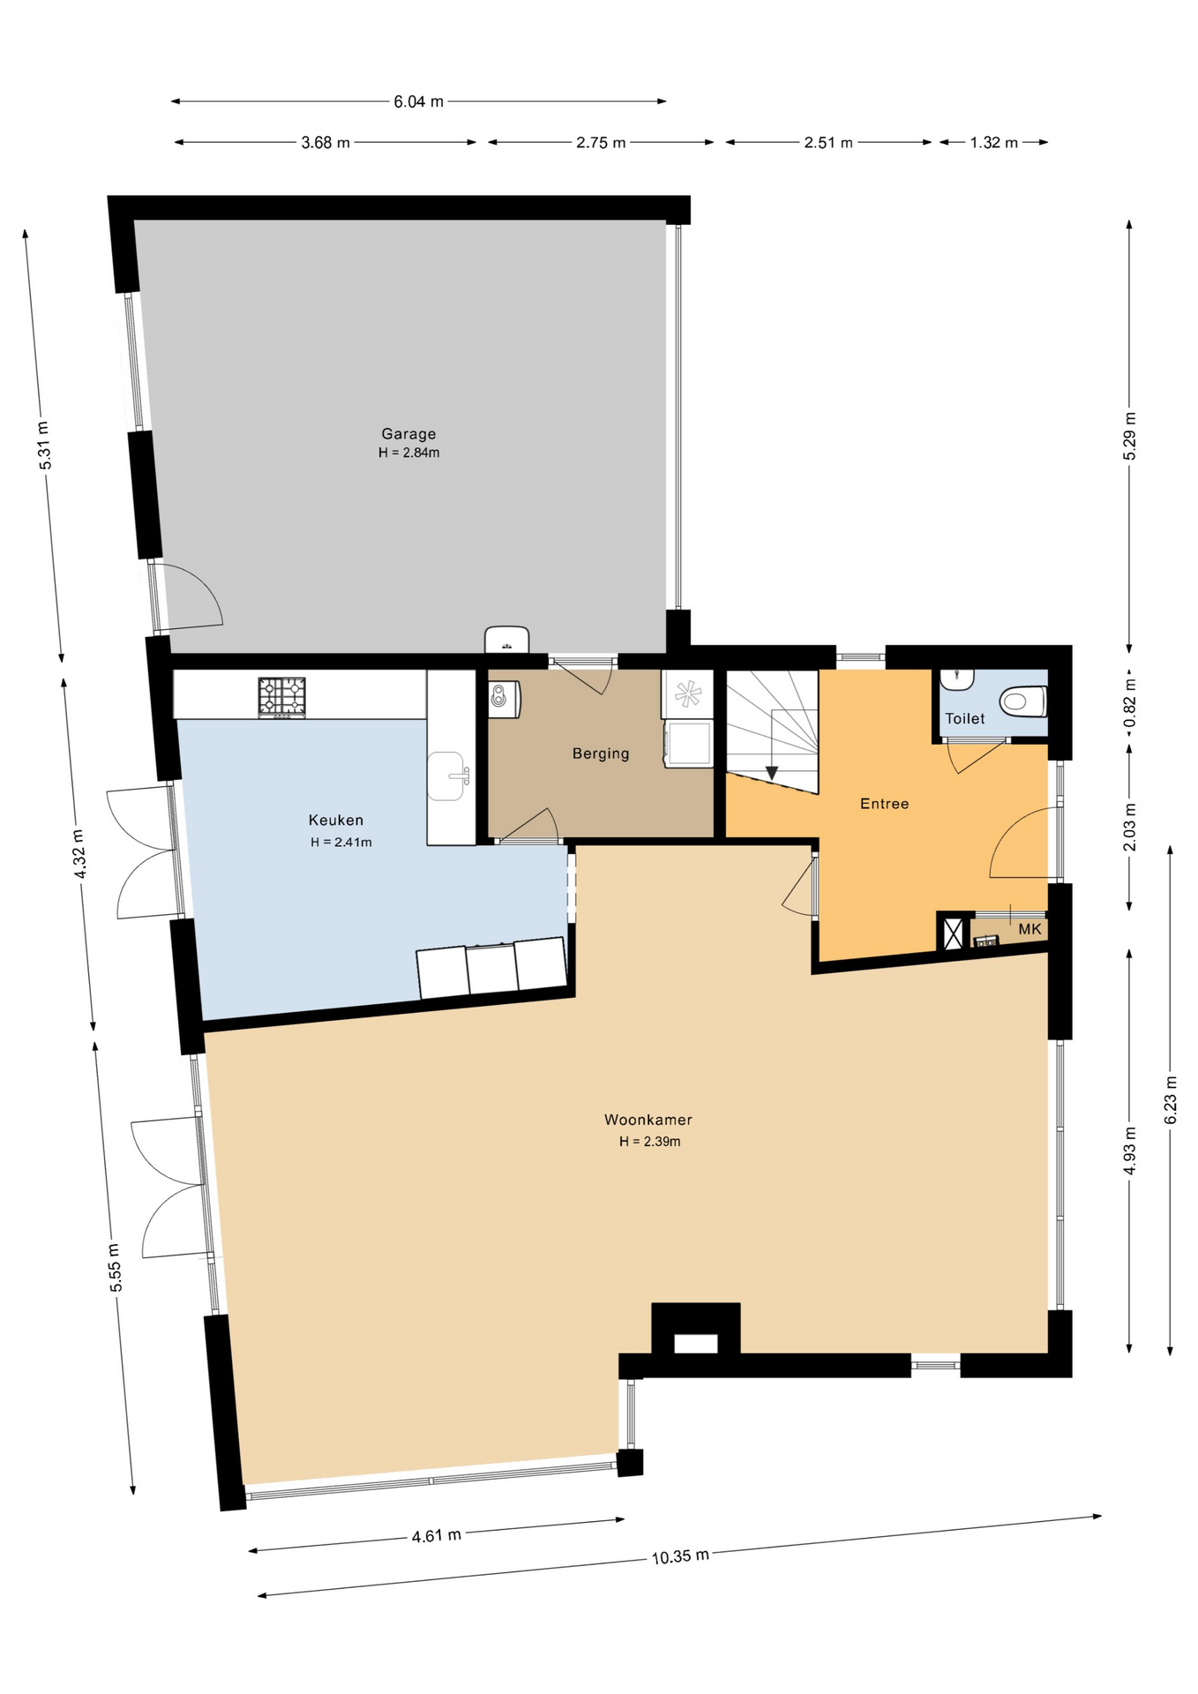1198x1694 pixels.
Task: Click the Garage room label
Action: pos(408,433)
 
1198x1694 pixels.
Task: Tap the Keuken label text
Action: pos(336,821)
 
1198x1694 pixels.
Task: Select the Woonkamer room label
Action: pos(648,1120)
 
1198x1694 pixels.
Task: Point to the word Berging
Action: pos(601,753)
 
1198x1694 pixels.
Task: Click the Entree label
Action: pos(885,804)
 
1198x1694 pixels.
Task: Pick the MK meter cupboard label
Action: pos(1030,929)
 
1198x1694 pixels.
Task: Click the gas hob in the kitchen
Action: pos(281,697)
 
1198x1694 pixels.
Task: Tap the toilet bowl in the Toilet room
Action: pos(1022,702)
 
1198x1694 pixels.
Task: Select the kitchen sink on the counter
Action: pos(448,776)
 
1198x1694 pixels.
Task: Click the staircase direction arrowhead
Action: pos(772,773)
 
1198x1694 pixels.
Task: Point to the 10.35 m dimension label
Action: pos(680,1556)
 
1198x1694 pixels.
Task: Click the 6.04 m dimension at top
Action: pos(418,101)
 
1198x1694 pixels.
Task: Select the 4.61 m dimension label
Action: pos(436,1536)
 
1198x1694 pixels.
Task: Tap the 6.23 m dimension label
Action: pos(1171,1100)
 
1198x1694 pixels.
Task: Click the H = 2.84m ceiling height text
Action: pos(409,453)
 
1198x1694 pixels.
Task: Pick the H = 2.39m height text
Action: pos(649,1142)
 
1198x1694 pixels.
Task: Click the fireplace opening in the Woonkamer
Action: pos(696,1343)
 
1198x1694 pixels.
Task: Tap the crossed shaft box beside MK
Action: pos(953,933)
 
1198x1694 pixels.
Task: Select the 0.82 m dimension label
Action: pos(1130,702)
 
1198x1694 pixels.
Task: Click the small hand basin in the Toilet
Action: pos(956,678)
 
